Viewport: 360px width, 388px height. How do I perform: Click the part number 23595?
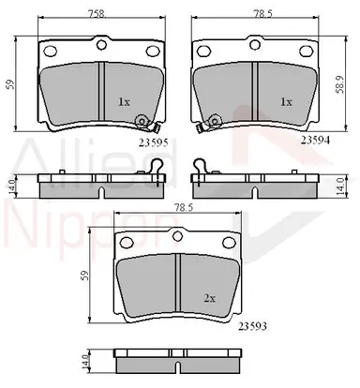coord(154,142)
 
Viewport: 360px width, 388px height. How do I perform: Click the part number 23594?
coord(315,141)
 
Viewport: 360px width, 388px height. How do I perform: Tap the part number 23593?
coord(252,326)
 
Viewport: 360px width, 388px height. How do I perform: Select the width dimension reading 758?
coord(97,14)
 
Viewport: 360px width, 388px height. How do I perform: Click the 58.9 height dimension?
coord(340,84)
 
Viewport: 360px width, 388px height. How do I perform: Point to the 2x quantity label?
coord(210,299)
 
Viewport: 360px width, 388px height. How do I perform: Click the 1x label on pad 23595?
coord(124,102)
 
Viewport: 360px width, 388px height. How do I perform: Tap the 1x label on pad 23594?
coord(286,102)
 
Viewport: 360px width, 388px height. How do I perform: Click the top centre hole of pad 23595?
coord(101,45)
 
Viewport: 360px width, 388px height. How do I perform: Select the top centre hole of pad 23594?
coord(255,44)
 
